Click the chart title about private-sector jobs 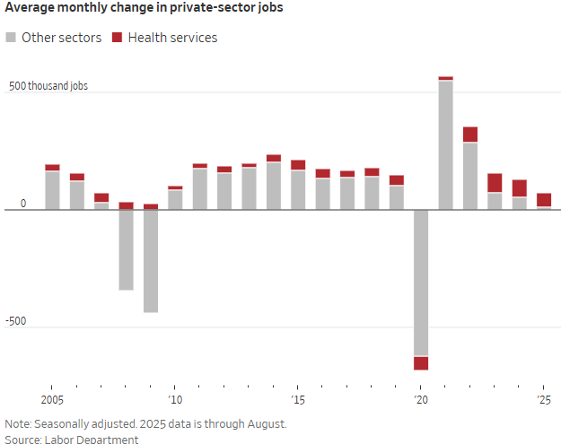pos(145,12)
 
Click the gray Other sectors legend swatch pos(11,38)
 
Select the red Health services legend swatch pos(118,38)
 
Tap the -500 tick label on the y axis pos(16,322)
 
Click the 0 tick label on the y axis pos(24,205)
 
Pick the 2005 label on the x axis pos(52,399)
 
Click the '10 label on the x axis pos(175,399)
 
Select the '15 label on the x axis pos(298,399)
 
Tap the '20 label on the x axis pos(420,399)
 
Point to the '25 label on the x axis pos(543,399)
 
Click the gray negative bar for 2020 pos(421,283)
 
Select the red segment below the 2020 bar pos(421,362)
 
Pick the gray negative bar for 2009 pos(151,261)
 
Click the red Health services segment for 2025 pos(544,200)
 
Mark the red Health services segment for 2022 pos(470,135)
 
